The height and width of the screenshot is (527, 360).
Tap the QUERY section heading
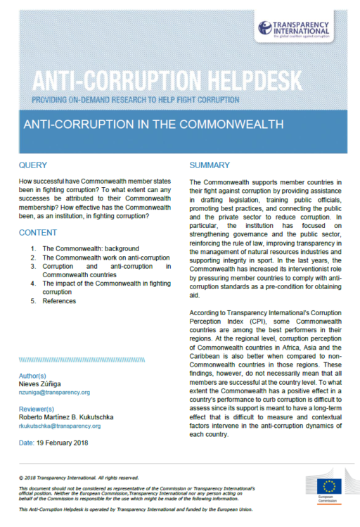(33, 166)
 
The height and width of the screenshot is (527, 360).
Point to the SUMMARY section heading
(210, 166)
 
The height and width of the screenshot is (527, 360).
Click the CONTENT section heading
(38, 233)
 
